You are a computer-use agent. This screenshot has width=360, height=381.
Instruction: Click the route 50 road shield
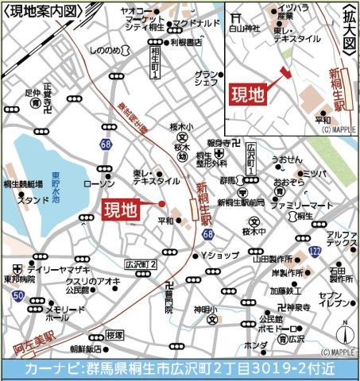pyautogui.click(x=17, y=295)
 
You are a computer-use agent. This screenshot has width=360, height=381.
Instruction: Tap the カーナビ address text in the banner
pyautogui.click(x=180, y=368)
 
